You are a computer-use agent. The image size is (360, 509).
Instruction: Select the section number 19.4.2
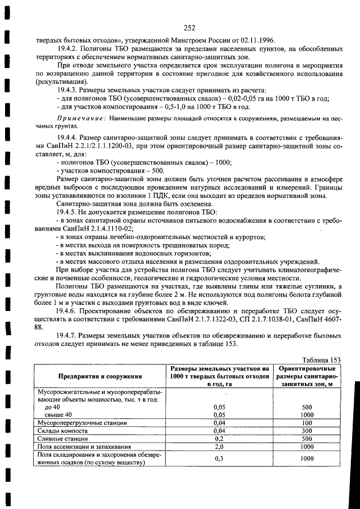click(x=68, y=49)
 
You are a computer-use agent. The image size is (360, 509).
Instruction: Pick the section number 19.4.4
click(x=68, y=137)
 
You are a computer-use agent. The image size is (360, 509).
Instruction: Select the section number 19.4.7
click(x=68, y=336)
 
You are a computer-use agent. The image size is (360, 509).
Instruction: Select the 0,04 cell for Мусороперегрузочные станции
click(x=220, y=422)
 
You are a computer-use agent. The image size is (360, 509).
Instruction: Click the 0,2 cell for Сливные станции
click(x=220, y=438)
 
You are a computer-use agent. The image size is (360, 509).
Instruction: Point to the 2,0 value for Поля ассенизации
click(x=220, y=447)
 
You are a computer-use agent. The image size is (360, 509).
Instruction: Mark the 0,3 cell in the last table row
click(x=220, y=459)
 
